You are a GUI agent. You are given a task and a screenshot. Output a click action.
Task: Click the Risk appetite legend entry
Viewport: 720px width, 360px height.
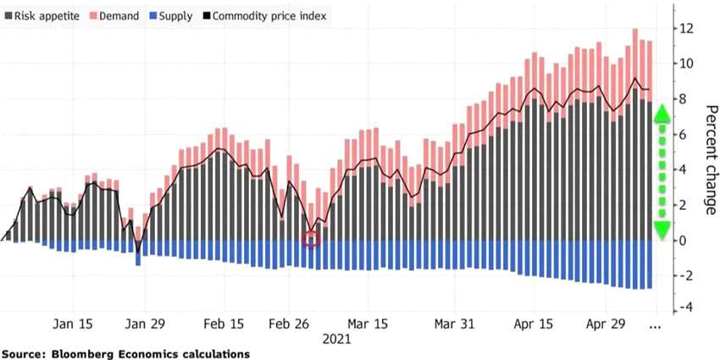(38, 16)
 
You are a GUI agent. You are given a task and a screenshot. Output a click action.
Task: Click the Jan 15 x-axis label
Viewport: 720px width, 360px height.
(74, 324)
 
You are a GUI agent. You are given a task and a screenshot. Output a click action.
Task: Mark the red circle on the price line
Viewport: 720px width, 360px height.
(311, 239)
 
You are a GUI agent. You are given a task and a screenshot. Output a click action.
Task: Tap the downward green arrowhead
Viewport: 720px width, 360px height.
(662, 229)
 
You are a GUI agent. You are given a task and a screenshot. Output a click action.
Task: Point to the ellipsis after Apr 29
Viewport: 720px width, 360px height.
(654, 324)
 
